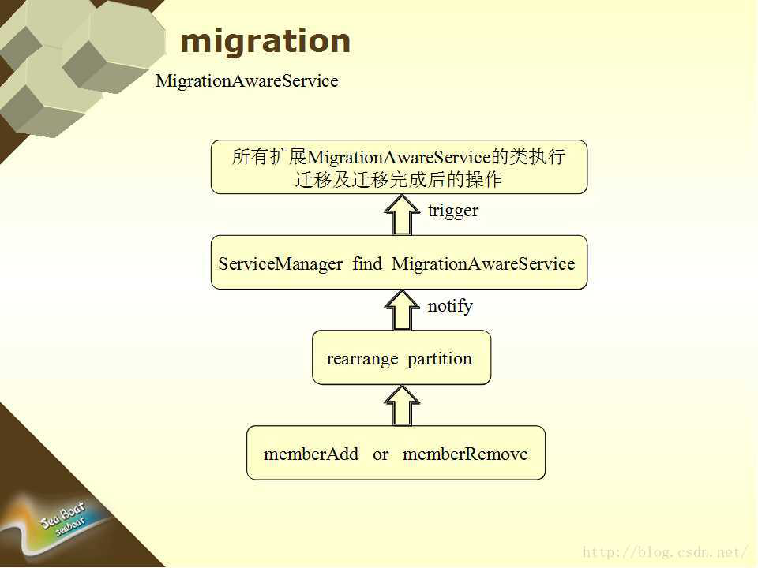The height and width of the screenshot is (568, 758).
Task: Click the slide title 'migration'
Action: (x=265, y=42)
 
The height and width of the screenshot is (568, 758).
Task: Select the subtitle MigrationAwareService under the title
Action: (x=247, y=81)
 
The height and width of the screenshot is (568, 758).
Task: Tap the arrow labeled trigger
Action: (x=402, y=215)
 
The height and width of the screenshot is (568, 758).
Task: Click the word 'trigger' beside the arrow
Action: (x=453, y=211)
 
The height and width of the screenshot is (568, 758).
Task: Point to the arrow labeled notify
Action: (x=402, y=310)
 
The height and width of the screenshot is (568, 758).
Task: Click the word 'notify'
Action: (x=450, y=306)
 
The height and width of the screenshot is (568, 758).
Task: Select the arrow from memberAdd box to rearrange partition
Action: (x=402, y=405)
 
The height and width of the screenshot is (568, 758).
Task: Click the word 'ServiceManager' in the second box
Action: (x=280, y=264)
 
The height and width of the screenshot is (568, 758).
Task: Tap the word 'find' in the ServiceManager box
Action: (x=367, y=263)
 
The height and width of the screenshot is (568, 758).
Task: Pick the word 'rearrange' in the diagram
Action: (x=362, y=360)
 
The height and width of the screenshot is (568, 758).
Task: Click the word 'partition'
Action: (x=440, y=360)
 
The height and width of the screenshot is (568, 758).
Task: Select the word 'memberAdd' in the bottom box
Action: (x=311, y=454)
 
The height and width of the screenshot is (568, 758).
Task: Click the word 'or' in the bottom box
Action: (x=381, y=455)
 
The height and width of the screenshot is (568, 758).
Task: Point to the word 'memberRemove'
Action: (x=465, y=454)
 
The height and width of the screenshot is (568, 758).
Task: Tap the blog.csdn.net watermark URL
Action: (x=665, y=552)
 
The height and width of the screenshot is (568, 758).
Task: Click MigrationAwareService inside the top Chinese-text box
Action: (x=399, y=158)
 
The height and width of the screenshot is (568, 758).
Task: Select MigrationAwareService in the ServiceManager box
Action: (x=483, y=264)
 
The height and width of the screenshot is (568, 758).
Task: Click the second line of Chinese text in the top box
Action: (x=398, y=180)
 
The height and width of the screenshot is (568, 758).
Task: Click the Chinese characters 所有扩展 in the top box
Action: (x=269, y=157)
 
